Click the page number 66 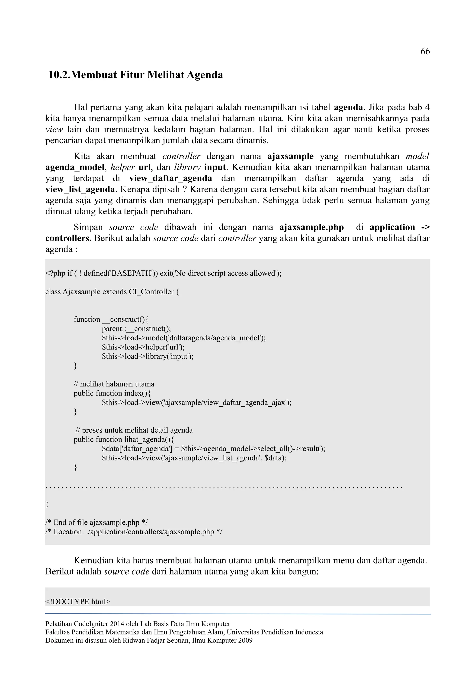(x=425, y=52)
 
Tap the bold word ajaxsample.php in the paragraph (x=311, y=227)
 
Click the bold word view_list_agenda (x=80, y=189)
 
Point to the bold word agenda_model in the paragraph (x=75, y=167)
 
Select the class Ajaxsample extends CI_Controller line (x=112, y=292)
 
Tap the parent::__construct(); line (x=136, y=329)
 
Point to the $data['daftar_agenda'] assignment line (x=213, y=448)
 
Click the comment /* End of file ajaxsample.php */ (x=96, y=522)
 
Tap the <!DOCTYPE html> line (x=78, y=602)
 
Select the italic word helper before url (x=122, y=167)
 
